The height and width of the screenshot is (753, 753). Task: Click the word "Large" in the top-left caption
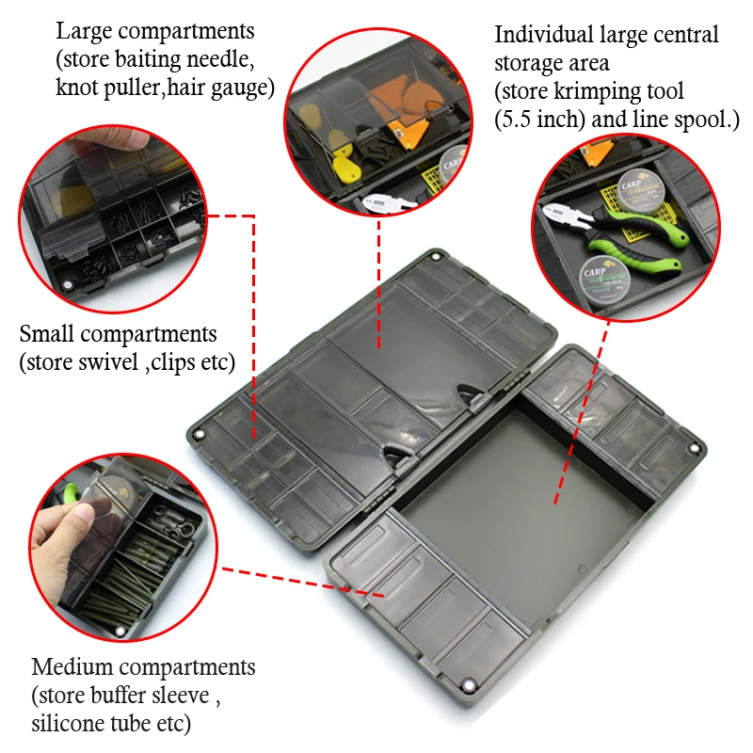pos(84,33)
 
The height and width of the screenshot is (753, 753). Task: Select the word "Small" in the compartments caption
pos(47,334)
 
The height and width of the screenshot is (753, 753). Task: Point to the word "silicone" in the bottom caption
pos(68,723)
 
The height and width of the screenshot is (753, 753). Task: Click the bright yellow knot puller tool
pos(346,167)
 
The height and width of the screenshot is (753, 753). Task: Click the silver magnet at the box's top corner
pos(436,257)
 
